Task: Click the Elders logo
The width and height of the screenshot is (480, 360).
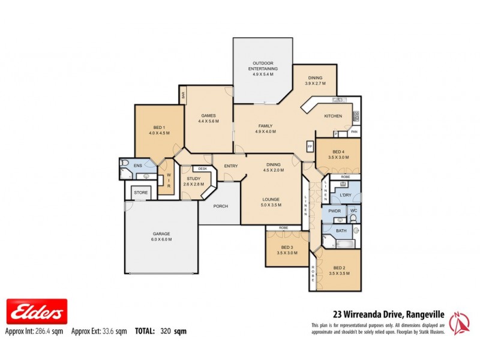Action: pyautogui.click(x=36, y=312)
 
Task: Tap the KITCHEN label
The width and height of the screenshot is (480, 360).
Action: pyautogui.click(x=333, y=116)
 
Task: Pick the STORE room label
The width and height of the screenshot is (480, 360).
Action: pyautogui.click(x=140, y=193)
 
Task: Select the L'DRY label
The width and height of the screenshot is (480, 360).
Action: pyautogui.click(x=345, y=196)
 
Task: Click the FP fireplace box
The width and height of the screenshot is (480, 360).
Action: pyautogui.click(x=310, y=146)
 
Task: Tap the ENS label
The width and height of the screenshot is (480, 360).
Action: pyautogui.click(x=137, y=166)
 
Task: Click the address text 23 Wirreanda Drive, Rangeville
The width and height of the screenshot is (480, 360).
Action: pyautogui.click(x=389, y=313)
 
